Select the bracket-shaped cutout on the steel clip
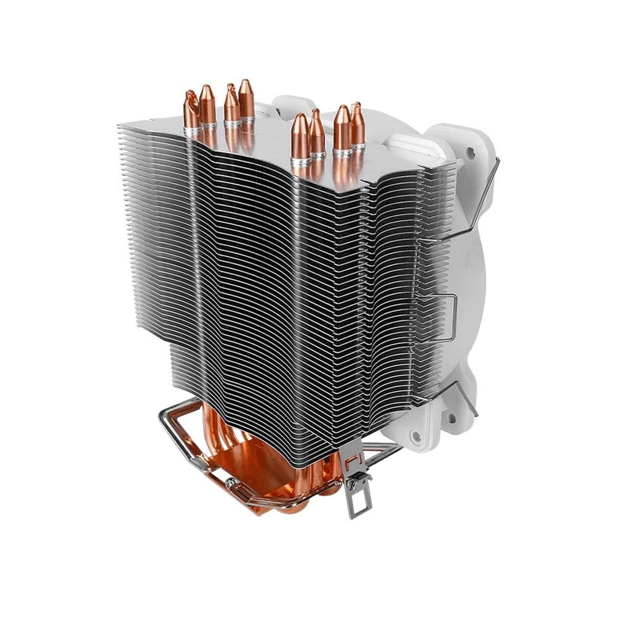pos(353,460)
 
